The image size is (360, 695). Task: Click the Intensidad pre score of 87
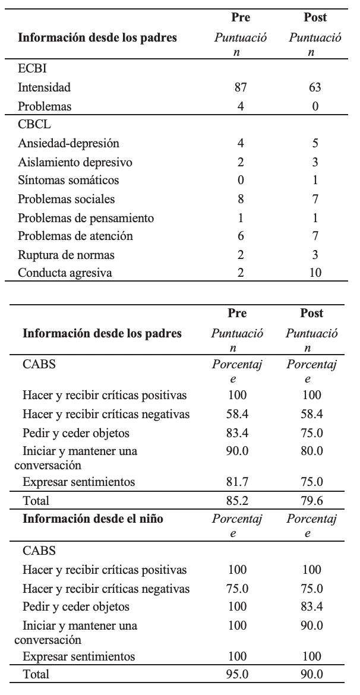[241, 88]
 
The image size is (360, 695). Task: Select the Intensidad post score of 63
[315, 88]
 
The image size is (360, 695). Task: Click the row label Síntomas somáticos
[68, 180]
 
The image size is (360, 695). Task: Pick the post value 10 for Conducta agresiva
[315, 273]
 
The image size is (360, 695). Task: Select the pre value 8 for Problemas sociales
[241, 199]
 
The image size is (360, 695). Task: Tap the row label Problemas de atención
[75, 236]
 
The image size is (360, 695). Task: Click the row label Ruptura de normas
[67, 255]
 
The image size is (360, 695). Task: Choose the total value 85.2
[237, 500]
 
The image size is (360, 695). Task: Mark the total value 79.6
[311, 500]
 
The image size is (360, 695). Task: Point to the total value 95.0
[237, 674]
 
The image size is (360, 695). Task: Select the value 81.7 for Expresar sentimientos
[237, 482]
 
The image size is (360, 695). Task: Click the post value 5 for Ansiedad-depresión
[315, 143]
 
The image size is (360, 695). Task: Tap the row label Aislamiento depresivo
[75, 162]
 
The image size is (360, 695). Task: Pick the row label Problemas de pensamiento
[86, 217]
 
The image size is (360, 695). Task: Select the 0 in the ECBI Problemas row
[315, 107]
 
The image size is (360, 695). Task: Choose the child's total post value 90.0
[311, 674]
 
